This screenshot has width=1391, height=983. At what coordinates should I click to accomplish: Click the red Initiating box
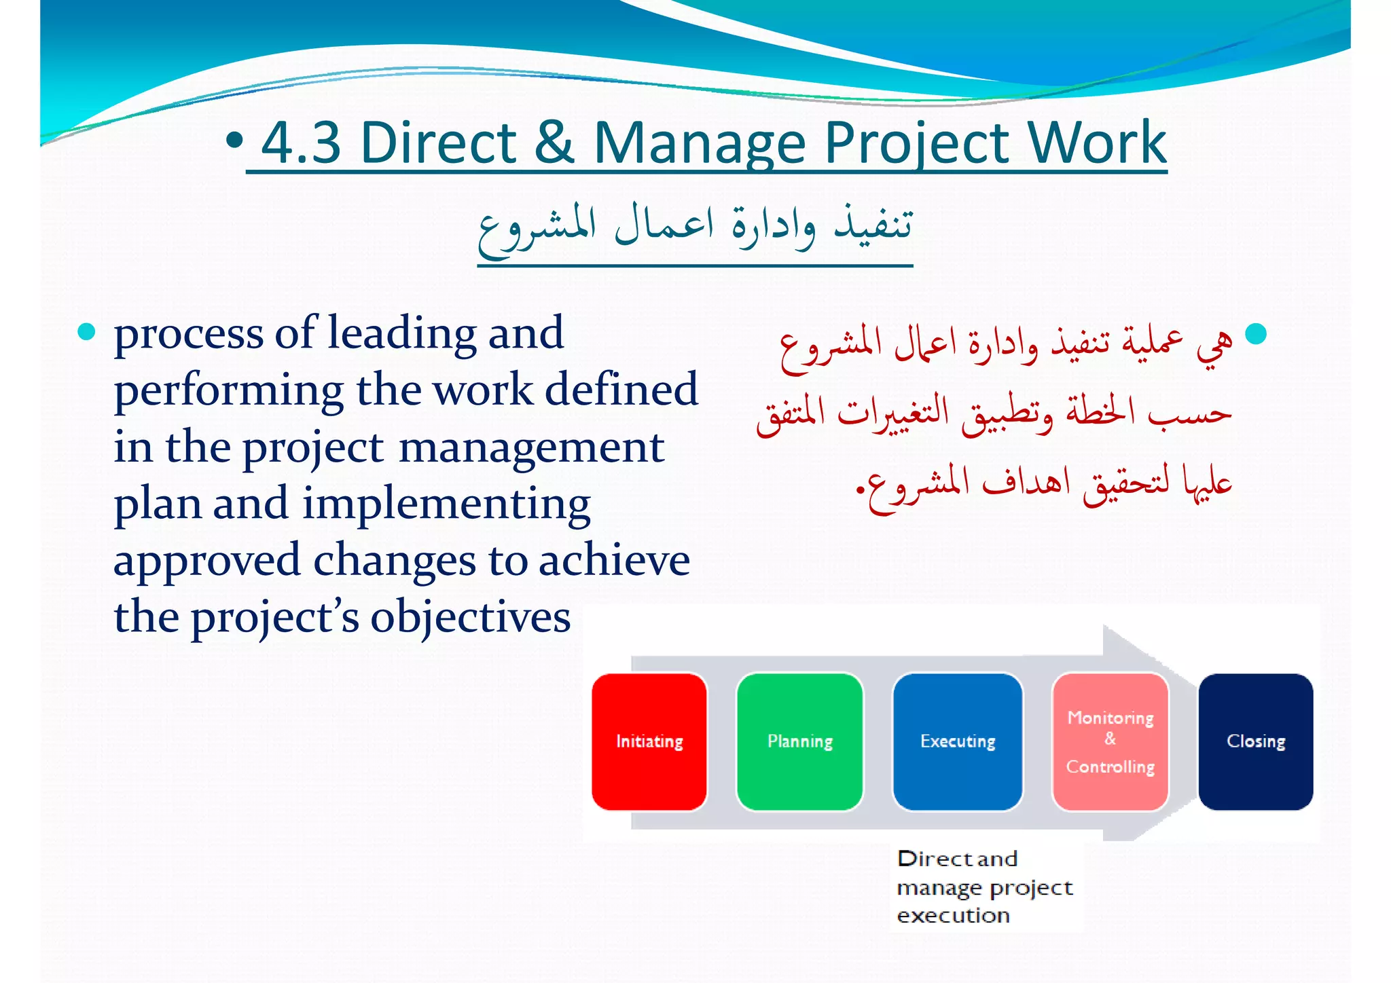tap(649, 741)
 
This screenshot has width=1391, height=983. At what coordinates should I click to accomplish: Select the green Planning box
tap(799, 741)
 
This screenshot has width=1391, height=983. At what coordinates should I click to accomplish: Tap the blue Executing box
tap(958, 741)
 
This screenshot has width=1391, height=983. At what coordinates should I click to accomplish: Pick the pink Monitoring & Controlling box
tap(1110, 741)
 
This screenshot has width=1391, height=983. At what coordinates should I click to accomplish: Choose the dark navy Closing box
tap(1255, 741)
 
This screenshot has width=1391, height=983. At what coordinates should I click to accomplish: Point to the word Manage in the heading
tap(700, 144)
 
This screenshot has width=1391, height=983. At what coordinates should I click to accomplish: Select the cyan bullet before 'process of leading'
tap(87, 332)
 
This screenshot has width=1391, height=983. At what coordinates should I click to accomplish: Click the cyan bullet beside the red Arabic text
tap(1256, 333)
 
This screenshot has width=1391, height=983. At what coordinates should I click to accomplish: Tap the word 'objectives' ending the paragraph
tap(470, 618)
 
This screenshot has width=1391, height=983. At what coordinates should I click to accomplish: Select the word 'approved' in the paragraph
tap(206, 562)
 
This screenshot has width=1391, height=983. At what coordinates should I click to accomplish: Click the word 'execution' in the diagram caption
tap(953, 916)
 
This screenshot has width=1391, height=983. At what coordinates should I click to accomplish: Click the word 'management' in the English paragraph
tap(531, 448)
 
